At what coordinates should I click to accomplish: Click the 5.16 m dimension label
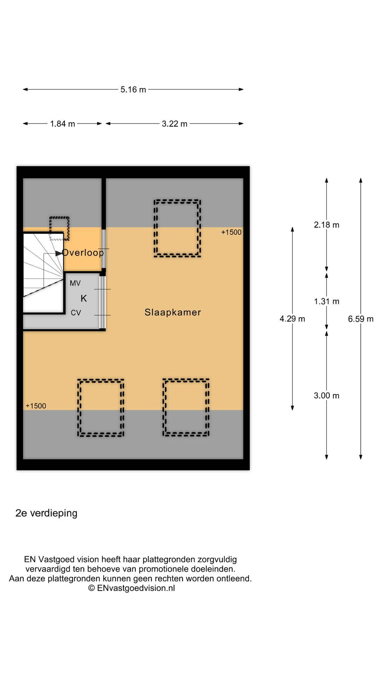(x=133, y=89)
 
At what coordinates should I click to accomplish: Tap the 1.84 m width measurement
(x=63, y=124)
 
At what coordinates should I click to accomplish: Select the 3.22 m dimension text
(x=174, y=124)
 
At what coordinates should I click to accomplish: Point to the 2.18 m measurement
(x=326, y=225)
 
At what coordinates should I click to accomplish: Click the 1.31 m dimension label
(x=326, y=301)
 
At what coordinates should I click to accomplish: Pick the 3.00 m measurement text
(x=326, y=396)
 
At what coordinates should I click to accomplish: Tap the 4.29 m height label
(x=292, y=319)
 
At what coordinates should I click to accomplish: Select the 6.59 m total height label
(x=361, y=319)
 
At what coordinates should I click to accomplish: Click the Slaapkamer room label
(x=173, y=312)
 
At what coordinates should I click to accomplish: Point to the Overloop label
(x=83, y=253)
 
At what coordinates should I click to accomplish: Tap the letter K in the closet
(x=84, y=298)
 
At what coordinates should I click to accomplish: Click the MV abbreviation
(x=75, y=283)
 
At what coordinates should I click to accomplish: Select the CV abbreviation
(x=76, y=313)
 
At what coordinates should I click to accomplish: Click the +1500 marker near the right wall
(x=231, y=232)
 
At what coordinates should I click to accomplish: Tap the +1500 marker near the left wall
(x=36, y=406)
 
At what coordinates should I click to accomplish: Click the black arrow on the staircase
(x=59, y=254)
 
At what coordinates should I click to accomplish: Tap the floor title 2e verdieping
(x=46, y=513)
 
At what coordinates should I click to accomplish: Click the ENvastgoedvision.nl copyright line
(x=131, y=588)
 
